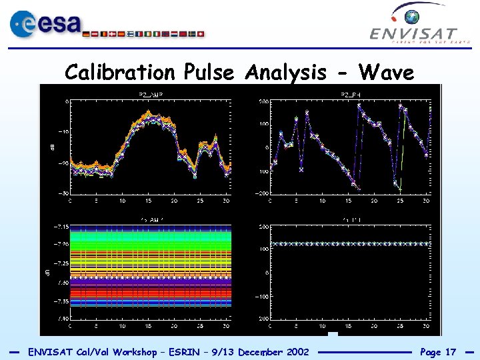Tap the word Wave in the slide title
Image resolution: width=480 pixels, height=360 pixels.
[386, 72]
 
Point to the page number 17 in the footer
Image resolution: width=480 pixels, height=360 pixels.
[450, 351]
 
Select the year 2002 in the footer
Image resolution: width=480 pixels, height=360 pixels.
[297, 351]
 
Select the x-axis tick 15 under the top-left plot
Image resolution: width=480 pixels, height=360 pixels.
[148, 201]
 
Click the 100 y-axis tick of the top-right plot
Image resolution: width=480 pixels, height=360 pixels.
[263, 124]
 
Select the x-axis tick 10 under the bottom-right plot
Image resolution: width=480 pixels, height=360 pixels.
[322, 327]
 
